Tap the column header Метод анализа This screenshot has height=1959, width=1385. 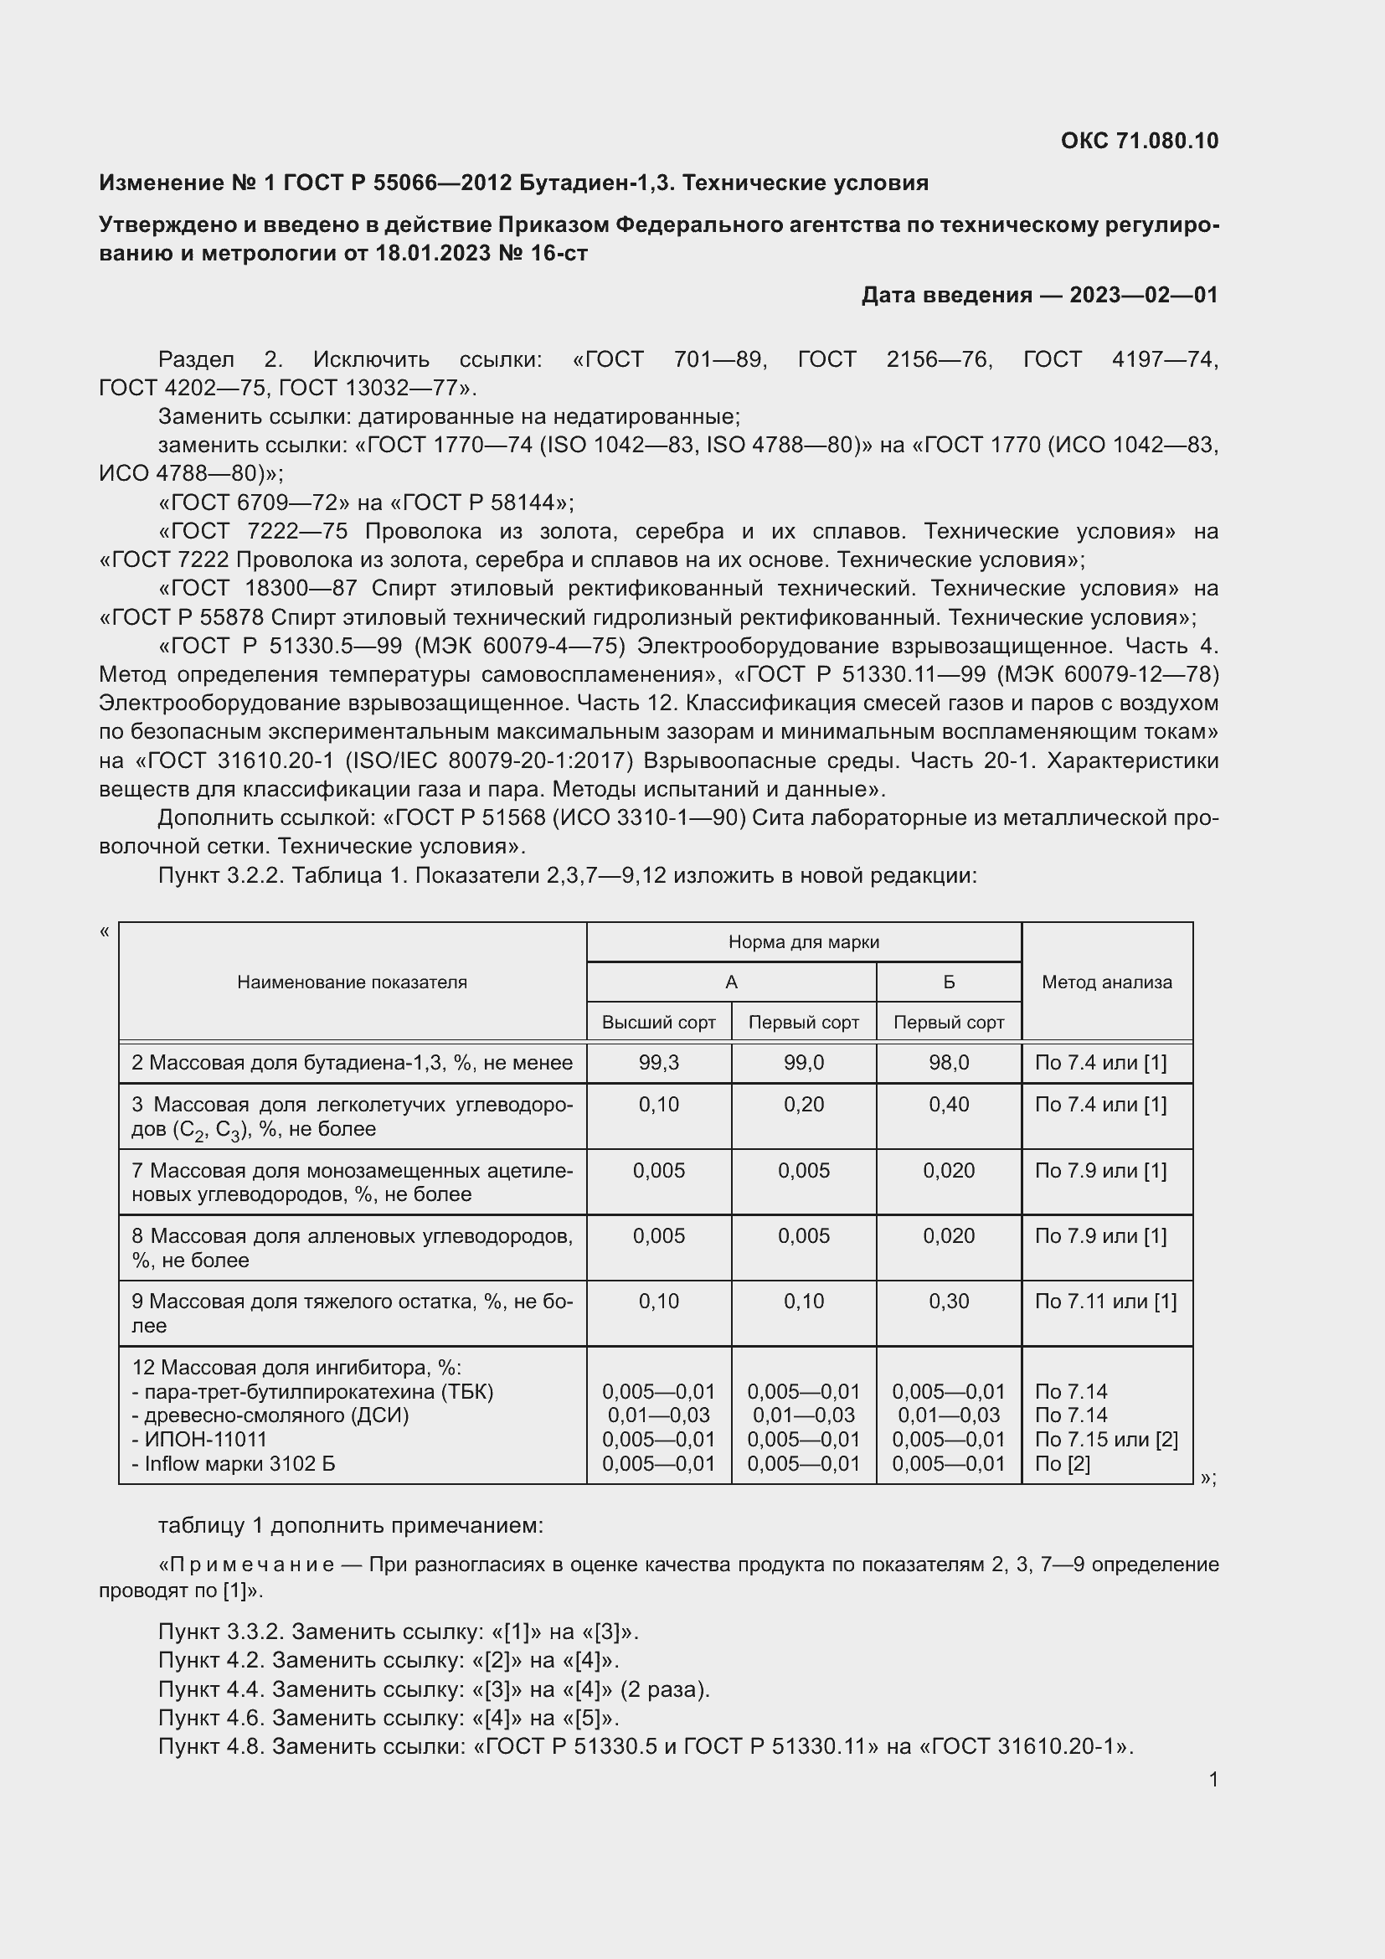pos(1106,982)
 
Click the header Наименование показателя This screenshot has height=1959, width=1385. pos(352,982)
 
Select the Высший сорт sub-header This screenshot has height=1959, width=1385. pos(658,1022)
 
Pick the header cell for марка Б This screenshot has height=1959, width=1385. pos(949,982)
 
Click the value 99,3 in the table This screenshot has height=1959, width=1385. pos(658,1063)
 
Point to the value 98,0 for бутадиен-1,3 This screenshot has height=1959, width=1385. pos(949,1063)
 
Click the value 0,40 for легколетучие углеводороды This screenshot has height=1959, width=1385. pos(949,1105)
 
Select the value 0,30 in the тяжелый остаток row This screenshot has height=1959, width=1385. pos(949,1302)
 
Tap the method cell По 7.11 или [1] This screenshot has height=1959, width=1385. pos(1105,1302)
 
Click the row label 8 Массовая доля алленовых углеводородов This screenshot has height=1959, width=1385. pos(352,1247)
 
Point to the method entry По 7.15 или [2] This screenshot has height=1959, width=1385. pos(1105,1440)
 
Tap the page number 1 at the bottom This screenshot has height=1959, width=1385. pos(1213,1780)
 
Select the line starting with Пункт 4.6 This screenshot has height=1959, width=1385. pos(388,1718)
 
